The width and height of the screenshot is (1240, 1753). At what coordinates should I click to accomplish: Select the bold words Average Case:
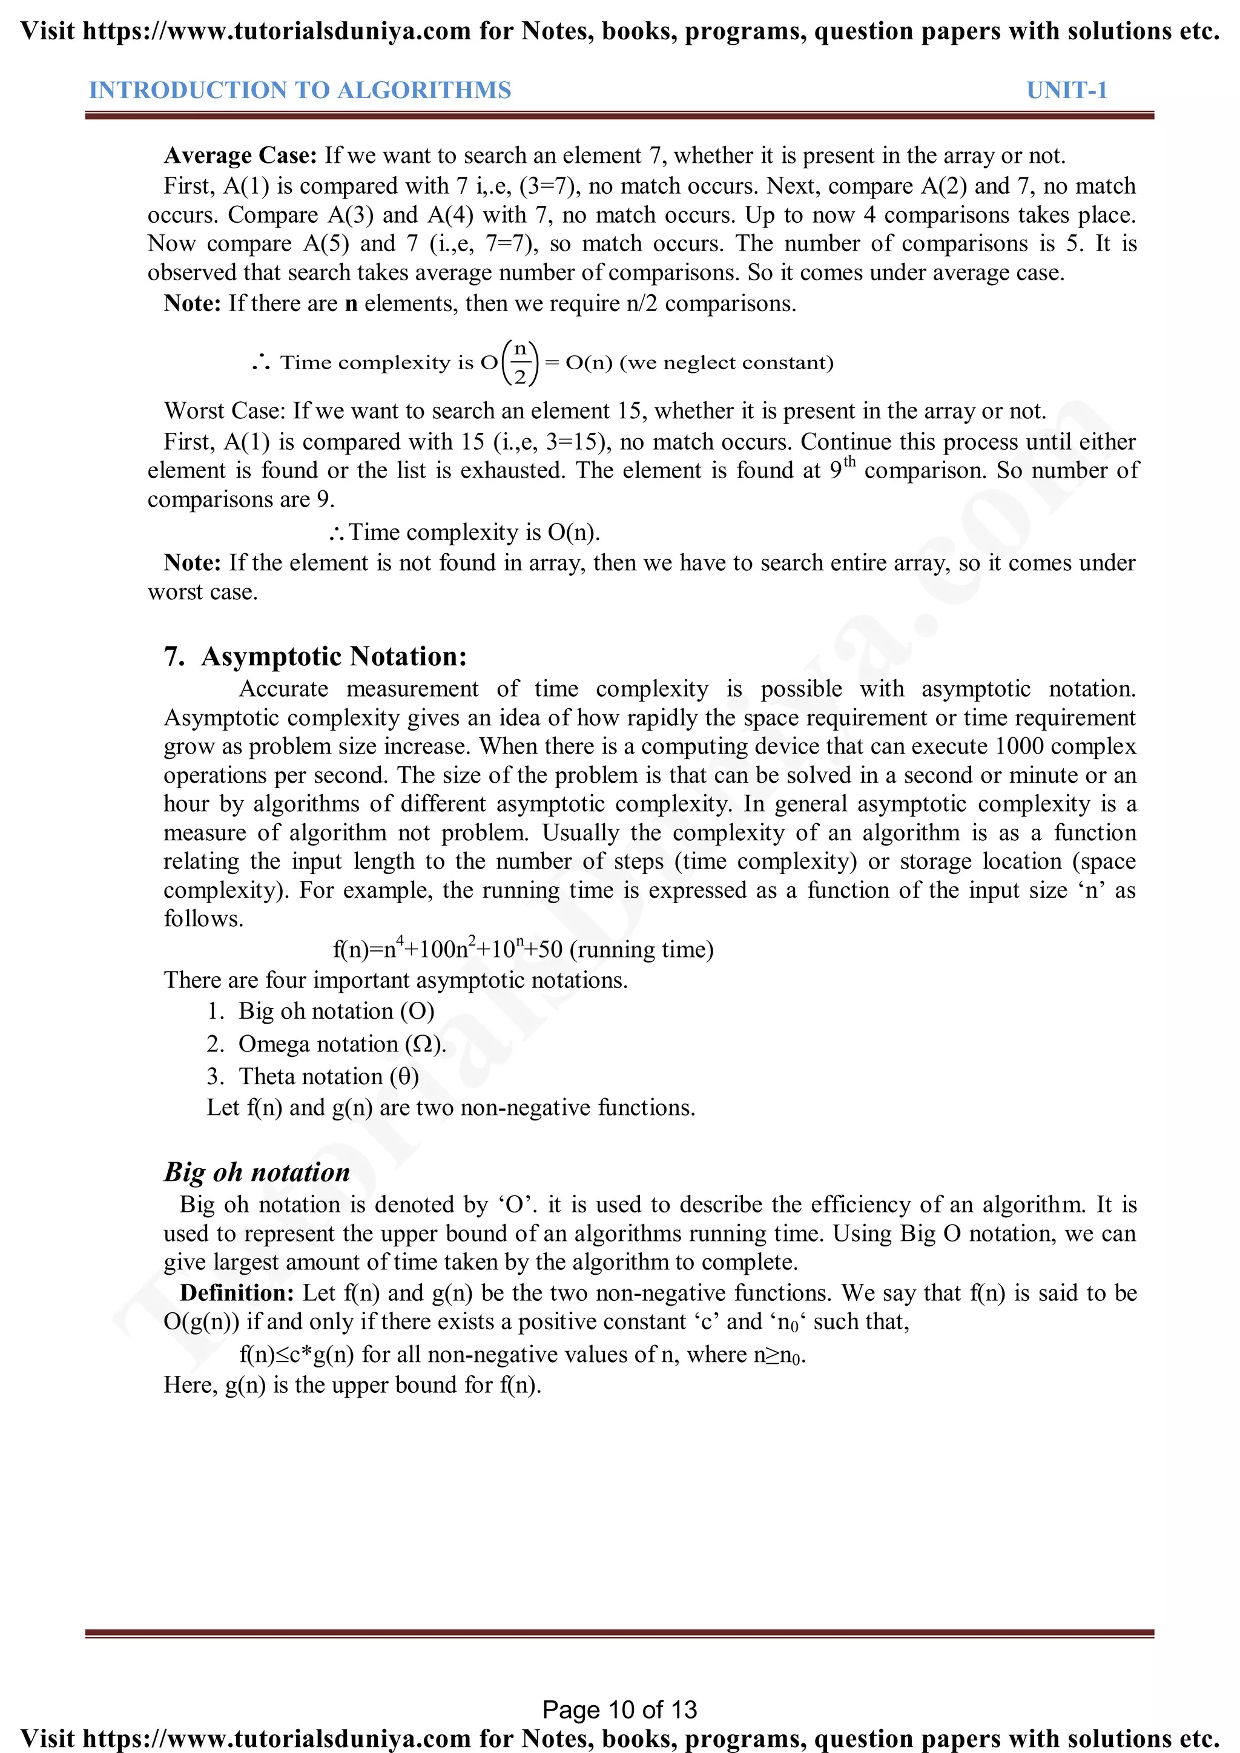tap(240, 156)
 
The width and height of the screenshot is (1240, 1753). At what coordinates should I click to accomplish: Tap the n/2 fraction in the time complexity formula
tap(520, 362)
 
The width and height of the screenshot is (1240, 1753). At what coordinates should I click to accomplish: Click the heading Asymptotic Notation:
tap(334, 657)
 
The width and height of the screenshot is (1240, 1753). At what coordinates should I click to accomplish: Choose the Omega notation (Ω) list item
tap(341, 1044)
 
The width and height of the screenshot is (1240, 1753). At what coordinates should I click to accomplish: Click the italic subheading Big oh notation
tap(257, 1172)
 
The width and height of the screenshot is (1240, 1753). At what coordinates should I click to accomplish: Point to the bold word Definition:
tap(237, 1292)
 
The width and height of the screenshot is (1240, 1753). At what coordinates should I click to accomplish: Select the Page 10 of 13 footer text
tap(619, 1709)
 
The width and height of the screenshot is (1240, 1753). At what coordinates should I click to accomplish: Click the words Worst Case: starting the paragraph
tap(225, 411)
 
